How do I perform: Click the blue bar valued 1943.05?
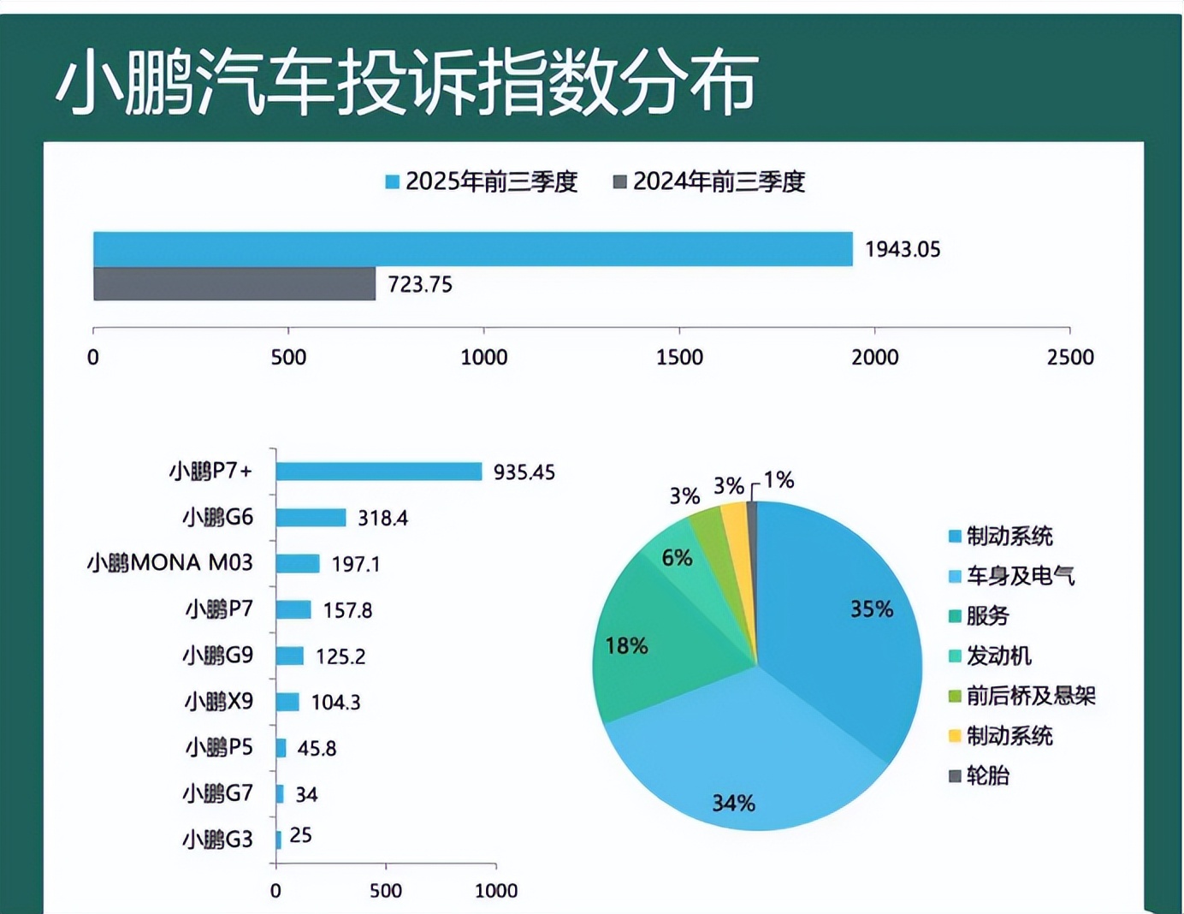[472, 249]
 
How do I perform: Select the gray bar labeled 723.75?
[234, 284]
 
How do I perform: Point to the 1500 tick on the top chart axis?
[679, 357]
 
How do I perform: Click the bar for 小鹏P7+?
[378, 472]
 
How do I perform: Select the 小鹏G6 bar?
[311, 518]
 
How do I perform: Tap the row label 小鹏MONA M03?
[170, 562]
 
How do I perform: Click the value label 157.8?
[347, 610]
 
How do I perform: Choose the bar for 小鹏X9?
[287, 702]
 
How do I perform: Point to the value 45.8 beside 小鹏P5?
[317, 748]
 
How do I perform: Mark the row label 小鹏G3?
[218, 839]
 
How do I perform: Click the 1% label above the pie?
[778, 480]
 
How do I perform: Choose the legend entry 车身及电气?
[1020, 576]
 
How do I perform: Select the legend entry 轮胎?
[987, 775]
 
